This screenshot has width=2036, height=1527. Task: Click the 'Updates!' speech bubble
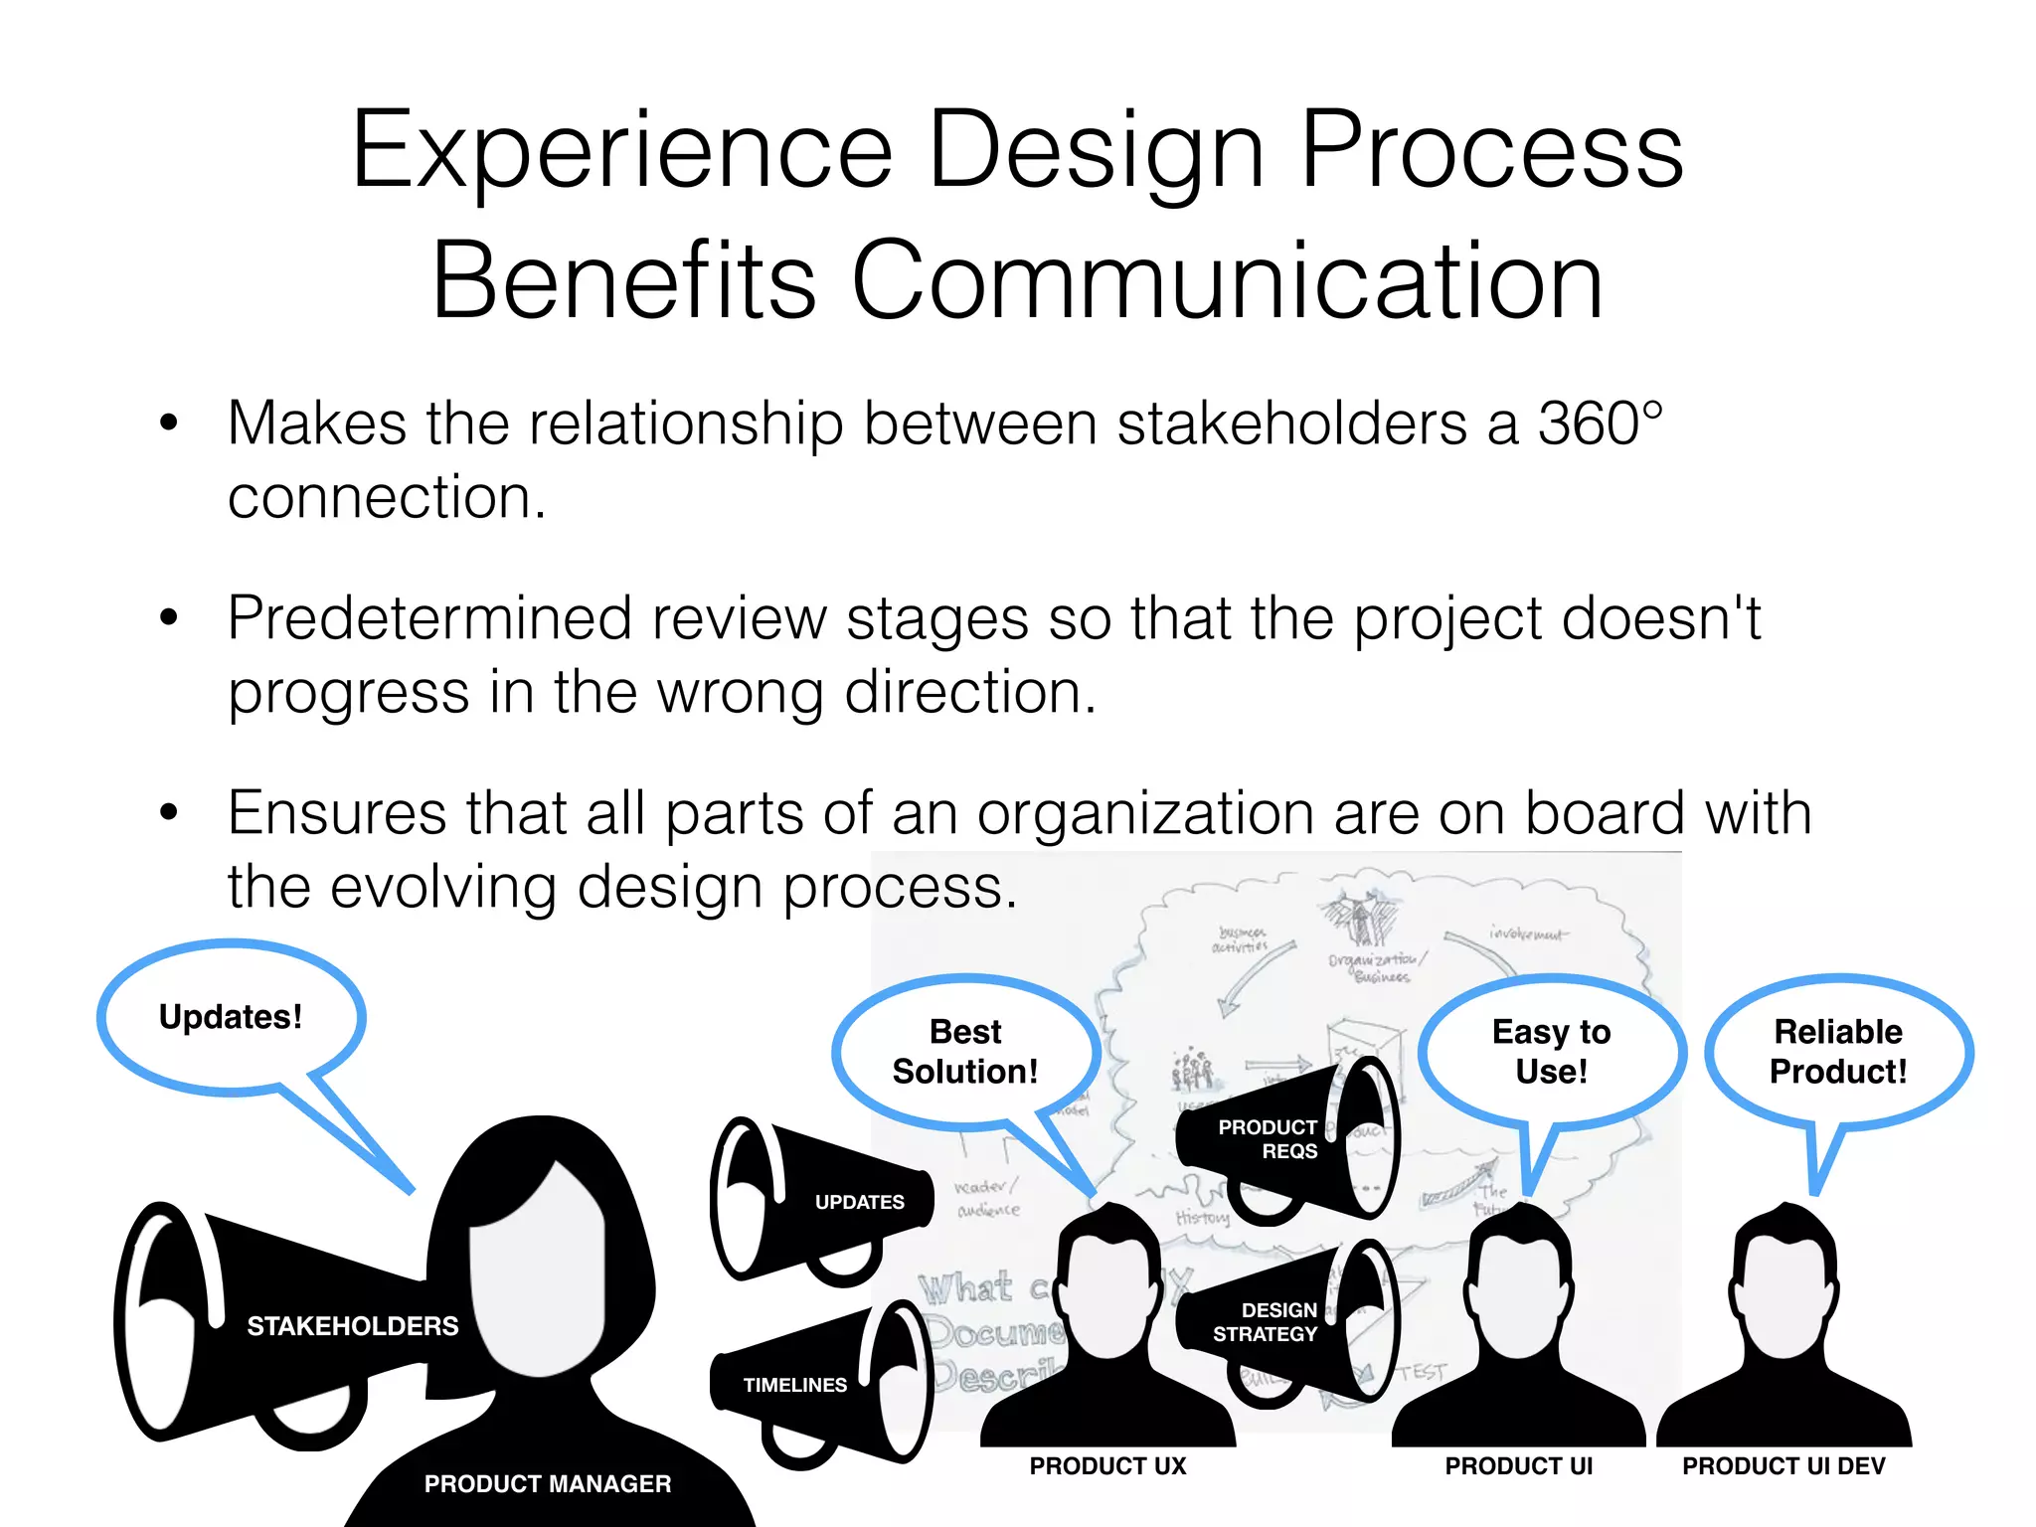click(231, 1017)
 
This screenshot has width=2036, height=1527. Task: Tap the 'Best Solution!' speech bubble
click(964, 1052)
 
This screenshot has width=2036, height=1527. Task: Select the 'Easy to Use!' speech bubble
click(1551, 1052)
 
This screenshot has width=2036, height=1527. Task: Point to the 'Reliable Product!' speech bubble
click(1838, 1052)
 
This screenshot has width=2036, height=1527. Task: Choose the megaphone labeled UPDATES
click(825, 1201)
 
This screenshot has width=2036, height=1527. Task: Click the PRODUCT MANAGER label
click(547, 1484)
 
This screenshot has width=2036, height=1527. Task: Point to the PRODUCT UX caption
click(1107, 1466)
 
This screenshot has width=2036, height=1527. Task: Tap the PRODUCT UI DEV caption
click(1783, 1466)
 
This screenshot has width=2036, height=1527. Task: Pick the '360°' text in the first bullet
click(1600, 424)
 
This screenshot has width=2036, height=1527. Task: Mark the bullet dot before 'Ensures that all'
click(169, 813)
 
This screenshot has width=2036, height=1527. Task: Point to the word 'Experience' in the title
click(622, 150)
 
